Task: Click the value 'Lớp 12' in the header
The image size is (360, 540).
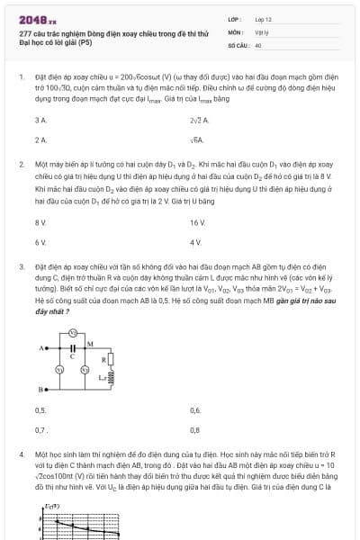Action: pyautogui.click(x=263, y=18)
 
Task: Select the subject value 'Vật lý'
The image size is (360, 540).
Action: pyautogui.click(x=261, y=31)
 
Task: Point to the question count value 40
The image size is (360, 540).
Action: pyautogui.click(x=258, y=44)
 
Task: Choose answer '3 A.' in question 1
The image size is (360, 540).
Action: pyautogui.click(x=40, y=120)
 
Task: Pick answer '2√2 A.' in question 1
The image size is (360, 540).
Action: pyautogui.click(x=199, y=120)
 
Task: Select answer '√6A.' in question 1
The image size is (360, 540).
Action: pyautogui.click(x=197, y=140)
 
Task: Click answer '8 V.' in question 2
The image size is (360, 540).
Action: pyautogui.click(x=40, y=221)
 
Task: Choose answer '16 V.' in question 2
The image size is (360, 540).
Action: pyautogui.click(x=198, y=221)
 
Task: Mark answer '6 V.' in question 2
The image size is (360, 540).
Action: pyautogui.click(x=40, y=243)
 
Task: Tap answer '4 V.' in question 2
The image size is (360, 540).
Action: pyautogui.click(x=196, y=243)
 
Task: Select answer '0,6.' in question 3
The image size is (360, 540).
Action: pyautogui.click(x=196, y=409)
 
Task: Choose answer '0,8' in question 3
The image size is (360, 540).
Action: pyautogui.click(x=195, y=430)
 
